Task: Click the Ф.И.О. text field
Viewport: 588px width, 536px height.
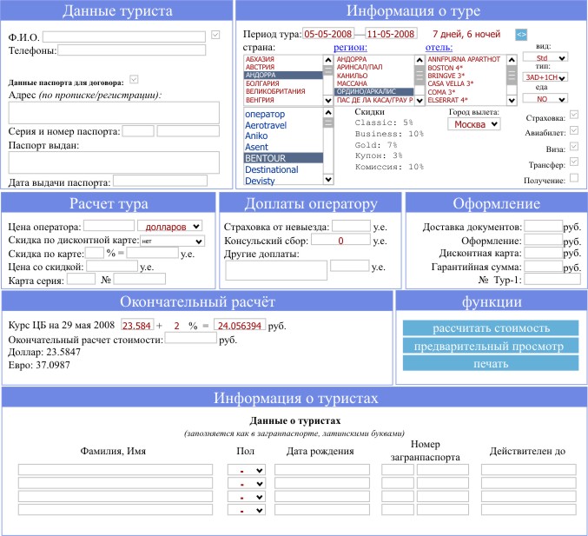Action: coord(125,36)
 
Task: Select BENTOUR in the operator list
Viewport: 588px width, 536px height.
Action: coord(283,158)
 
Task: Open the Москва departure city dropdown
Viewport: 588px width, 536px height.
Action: coord(474,124)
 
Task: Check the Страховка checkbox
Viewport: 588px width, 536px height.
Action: coord(573,116)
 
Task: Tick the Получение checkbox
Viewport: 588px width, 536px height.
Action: coord(573,178)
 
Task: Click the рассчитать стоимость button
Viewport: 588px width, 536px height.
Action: coord(491,328)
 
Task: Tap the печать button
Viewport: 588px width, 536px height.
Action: coord(491,363)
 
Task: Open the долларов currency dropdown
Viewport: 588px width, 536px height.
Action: coord(169,226)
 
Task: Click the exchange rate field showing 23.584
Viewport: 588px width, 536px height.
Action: coord(137,325)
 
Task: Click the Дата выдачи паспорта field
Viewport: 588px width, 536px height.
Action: coord(165,182)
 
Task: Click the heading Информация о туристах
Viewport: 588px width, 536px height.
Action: coord(296,399)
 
